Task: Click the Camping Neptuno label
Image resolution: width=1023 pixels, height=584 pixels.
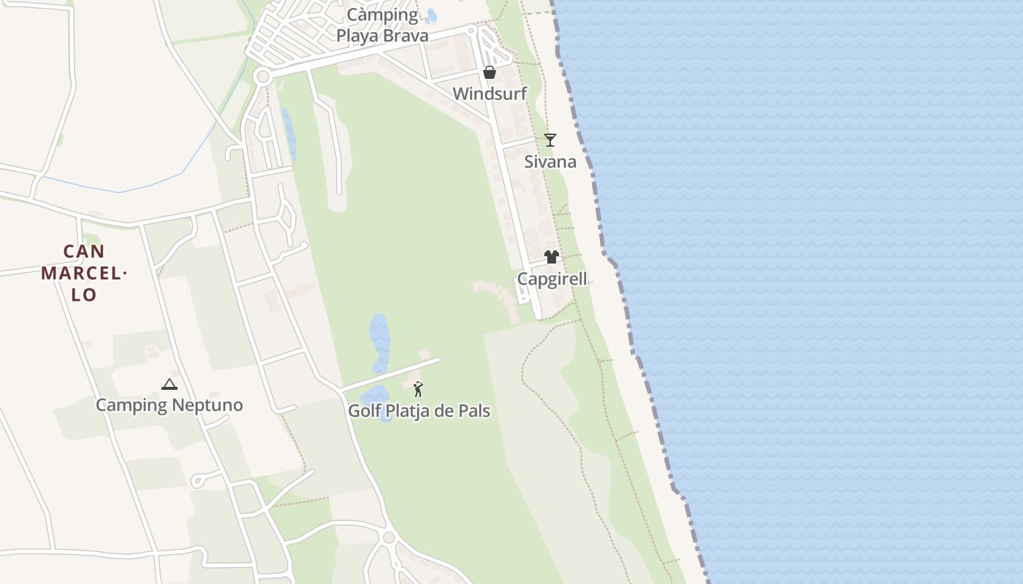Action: pyautogui.click(x=170, y=405)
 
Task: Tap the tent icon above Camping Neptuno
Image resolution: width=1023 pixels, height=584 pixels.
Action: pyautogui.click(x=170, y=384)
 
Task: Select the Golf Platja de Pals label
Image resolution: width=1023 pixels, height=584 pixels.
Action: pyautogui.click(x=419, y=411)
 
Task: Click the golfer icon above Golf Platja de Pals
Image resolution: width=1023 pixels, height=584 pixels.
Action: pyautogui.click(x=418, y=389)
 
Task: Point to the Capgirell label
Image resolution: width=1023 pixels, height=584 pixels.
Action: pyautogui.click(x=552, y=279)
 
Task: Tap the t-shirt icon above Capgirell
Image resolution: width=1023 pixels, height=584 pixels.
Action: pyautogui.click(x=552, y=256)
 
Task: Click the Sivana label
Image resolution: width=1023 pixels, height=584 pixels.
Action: pyautogui.click(x=550, y=162)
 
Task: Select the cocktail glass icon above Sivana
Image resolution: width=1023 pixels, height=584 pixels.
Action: pyautogui.click(x=550, y=139)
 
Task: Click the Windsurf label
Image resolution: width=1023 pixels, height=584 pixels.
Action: pyautogui.click(x=490, y=94)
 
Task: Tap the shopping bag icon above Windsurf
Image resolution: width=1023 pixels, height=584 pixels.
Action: pyautogui.click(x=490, y=72)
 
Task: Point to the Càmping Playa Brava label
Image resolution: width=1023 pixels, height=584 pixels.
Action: pyautogui.click(x=382, y=25)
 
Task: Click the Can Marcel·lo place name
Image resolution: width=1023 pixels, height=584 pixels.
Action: pyautogui.click(x=84, y=273)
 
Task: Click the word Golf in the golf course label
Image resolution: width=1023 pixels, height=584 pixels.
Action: pyautogui.click(x=364, y=411)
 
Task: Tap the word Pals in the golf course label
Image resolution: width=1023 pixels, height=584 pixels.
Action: pyautogui.click(x=474, y=411)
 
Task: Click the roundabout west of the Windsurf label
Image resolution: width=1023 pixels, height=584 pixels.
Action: pyautogui.click(x=262, y=77)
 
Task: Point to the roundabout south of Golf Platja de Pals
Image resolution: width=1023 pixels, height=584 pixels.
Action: pyautogui.click(x=389, y=538)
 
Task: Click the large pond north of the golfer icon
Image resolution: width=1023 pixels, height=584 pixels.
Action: pyautogui.click(x=379, y=342)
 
